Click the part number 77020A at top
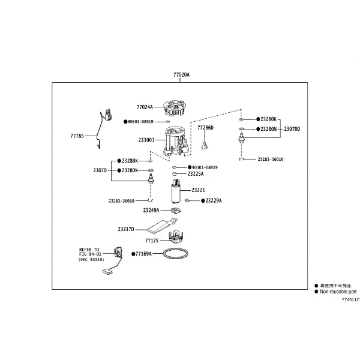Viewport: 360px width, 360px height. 181,74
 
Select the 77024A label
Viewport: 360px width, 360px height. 145,107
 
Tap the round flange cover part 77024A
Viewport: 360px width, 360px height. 175,107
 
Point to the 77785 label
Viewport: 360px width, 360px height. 77,136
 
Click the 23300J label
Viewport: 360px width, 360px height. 146,140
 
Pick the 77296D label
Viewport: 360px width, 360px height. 205,128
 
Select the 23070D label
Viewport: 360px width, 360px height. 292,129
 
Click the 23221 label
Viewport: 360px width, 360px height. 198,190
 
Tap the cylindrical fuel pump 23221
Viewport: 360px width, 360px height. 176,191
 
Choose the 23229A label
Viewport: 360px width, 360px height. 214,200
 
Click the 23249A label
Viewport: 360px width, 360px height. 151,211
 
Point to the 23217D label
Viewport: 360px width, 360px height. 126,229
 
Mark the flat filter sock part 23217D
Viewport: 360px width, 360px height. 161,225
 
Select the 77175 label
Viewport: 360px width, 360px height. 152,241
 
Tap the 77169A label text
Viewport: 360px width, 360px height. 144,254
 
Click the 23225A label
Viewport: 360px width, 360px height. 196,174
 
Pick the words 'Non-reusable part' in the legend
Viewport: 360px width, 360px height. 338,292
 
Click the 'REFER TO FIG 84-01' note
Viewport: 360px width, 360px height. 89,251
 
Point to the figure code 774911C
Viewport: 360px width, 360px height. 351,299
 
